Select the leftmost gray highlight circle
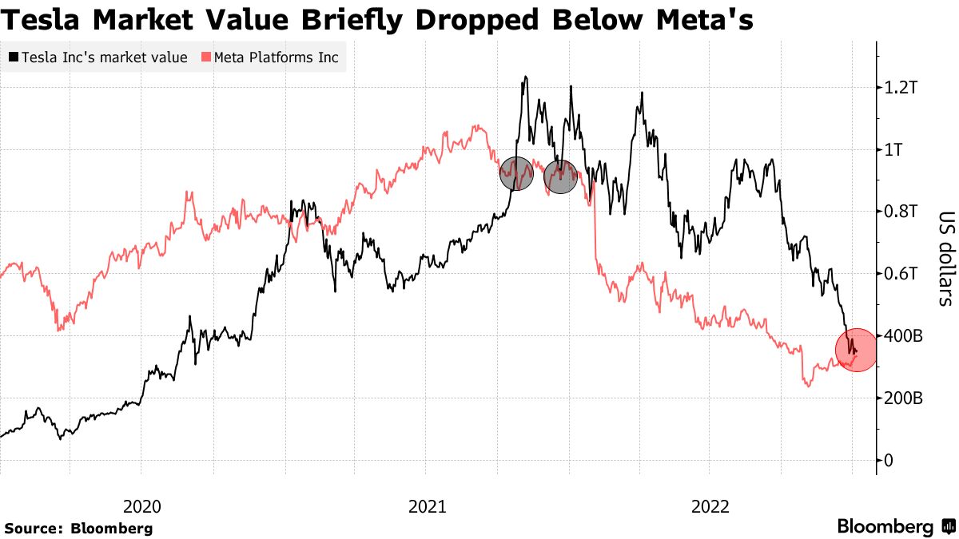[x=516, y=173]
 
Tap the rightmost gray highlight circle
[x=561, y=176]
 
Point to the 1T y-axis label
[x=900, y=150]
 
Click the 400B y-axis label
[x=907, y=336]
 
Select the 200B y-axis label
[x=907, y=398]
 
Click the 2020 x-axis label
[x=142, y=506]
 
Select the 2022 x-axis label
[x=710, y=506]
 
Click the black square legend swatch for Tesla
[x=14, y=57]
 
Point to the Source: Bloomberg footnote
[x=78, y=528]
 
